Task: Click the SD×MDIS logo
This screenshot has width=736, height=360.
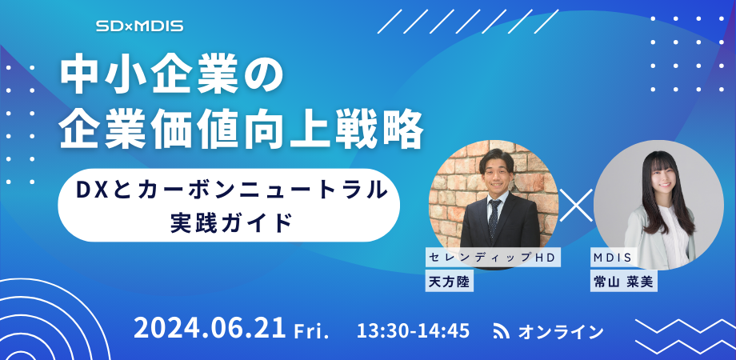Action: (x=140, y=26)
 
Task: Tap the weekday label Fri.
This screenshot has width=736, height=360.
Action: (x=312, y=331)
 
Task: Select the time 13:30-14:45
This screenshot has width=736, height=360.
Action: (x=414, y=330)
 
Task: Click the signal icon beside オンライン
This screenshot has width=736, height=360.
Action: (x=502, y=330)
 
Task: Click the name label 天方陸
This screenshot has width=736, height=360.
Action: (x=449, y=281)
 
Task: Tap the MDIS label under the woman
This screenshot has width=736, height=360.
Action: (x=612, y=257)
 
